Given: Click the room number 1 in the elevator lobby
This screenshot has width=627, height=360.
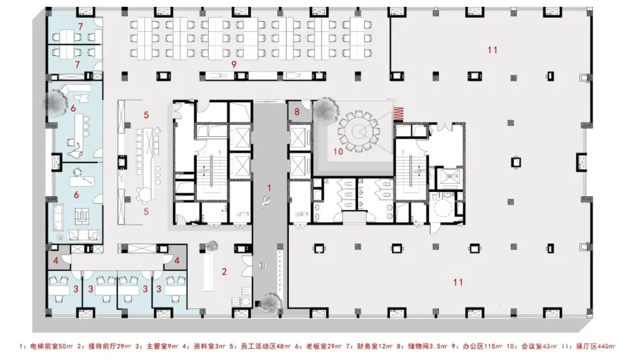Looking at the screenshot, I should point(270,187).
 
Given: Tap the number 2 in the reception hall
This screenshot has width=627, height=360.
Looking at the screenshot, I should point(223,272).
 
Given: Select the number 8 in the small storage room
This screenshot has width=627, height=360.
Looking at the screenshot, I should point(297,112).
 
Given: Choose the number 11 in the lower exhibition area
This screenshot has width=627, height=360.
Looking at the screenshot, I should point(458,282).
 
